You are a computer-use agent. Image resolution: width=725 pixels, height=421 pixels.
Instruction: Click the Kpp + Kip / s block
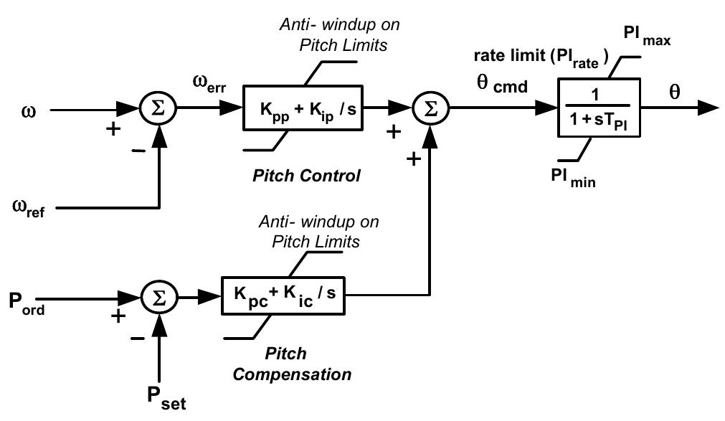click(x=305, y=110)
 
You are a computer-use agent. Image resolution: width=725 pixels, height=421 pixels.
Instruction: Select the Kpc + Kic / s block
click(x=283, y=295)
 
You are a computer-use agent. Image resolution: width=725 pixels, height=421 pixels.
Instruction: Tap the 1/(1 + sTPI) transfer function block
click(x=599, y=109)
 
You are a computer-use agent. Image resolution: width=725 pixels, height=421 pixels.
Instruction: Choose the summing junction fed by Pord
click(x=158, y=295)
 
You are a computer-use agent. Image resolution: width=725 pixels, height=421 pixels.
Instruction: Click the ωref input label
click(x=29, y=209)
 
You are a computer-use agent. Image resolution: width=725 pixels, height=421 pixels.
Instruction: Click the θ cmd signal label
click(x=503, y=86)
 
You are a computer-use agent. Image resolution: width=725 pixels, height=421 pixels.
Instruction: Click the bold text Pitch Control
click(x=306, y=176)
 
